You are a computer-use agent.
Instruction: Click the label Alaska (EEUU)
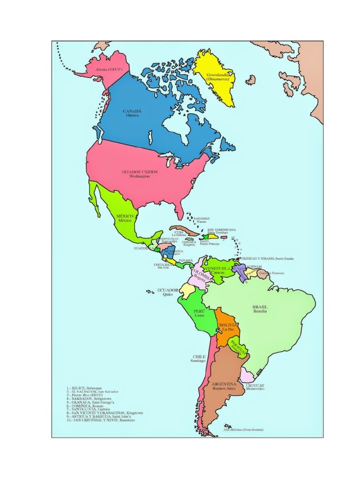click(109, 69)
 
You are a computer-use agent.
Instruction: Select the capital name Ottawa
click(132, 115)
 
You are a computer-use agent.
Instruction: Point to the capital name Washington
click(140, 177)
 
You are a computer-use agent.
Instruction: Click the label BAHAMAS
click(201, 218)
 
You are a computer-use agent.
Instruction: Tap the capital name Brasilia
click(260, 311)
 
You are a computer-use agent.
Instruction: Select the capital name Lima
click(200, 316)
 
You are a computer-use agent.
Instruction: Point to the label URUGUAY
click(255, 385)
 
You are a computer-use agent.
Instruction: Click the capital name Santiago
click(198, 361)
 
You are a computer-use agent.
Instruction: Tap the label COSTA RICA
click(163, 265)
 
